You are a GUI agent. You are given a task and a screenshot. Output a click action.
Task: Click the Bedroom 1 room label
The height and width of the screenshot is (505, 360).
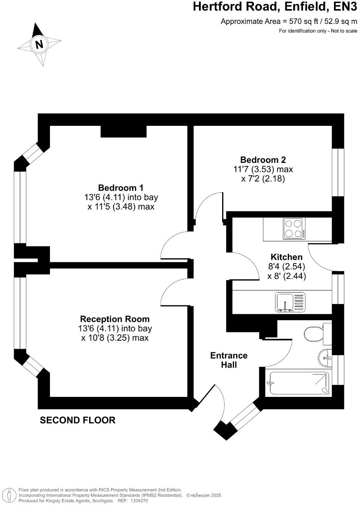[x=121, y=187]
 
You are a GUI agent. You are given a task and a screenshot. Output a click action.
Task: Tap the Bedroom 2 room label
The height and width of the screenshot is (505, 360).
[x=263, y=160]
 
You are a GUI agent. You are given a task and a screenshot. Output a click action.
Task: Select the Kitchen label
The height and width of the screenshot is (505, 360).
[x=287, y=257]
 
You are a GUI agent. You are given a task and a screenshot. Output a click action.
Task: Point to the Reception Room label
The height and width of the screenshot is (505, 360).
[x=115, y=319]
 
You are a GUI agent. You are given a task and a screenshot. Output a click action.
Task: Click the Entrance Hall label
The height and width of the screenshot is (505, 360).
[x=229, y=360]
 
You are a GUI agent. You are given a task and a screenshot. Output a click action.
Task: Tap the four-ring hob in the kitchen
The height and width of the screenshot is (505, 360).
[x=294, y=229]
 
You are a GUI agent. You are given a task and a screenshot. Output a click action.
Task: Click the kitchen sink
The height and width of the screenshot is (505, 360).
[x=289, y=301]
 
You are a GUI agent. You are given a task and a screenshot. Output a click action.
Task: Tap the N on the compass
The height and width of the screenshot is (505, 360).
[x=39, y=44]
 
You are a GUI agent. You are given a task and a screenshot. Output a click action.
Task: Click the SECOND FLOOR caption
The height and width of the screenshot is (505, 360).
[x=77, y=420]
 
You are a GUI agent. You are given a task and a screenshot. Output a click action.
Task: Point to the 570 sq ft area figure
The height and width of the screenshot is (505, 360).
[x=296, y=21]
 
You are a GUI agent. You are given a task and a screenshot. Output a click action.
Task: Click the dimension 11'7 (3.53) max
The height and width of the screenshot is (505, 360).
[x=263, y=169]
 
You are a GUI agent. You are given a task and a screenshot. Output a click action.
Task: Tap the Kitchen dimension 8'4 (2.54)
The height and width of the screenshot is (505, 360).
[x=287, y=267]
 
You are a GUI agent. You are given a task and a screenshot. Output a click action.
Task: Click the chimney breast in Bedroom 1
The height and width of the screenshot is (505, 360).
[x=123, y=131]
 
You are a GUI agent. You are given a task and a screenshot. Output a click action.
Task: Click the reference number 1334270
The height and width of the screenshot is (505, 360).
[x=138, y=500]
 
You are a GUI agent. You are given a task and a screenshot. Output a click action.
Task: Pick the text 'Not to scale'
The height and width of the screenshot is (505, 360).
[x=344, y=31]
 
